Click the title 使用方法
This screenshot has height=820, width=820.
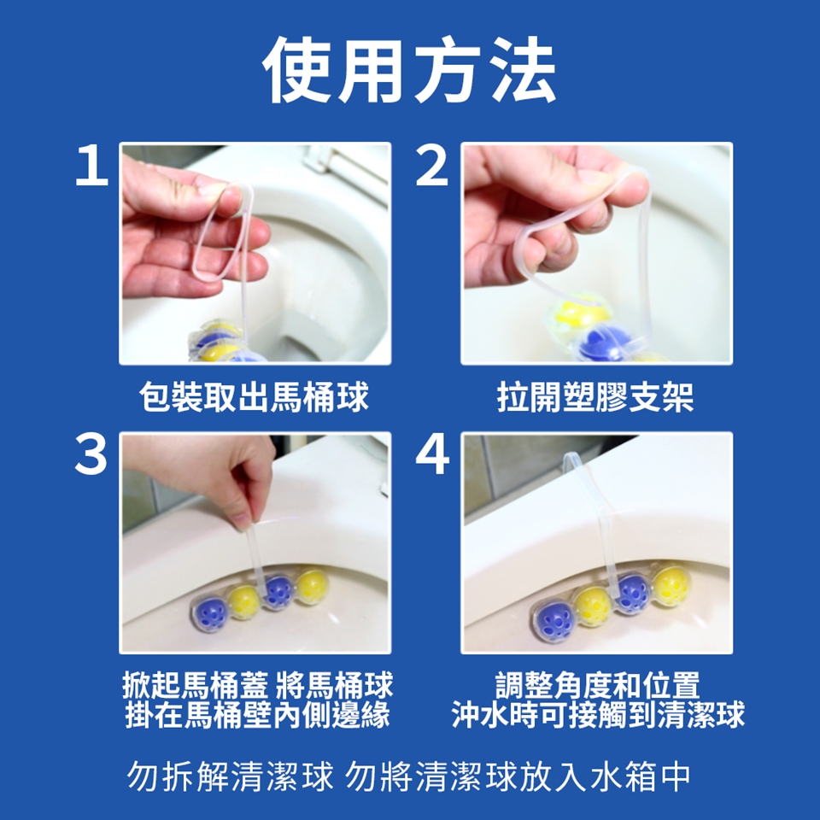409,69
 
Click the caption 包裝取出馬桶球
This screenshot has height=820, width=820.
255,397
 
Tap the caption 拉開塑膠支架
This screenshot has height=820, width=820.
595,397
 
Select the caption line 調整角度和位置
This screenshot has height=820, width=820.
597,685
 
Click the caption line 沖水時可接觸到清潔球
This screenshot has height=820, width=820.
598,715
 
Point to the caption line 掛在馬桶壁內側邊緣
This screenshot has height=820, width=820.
258,715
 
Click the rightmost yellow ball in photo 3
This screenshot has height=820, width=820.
313,586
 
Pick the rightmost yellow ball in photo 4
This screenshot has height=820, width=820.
671,586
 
